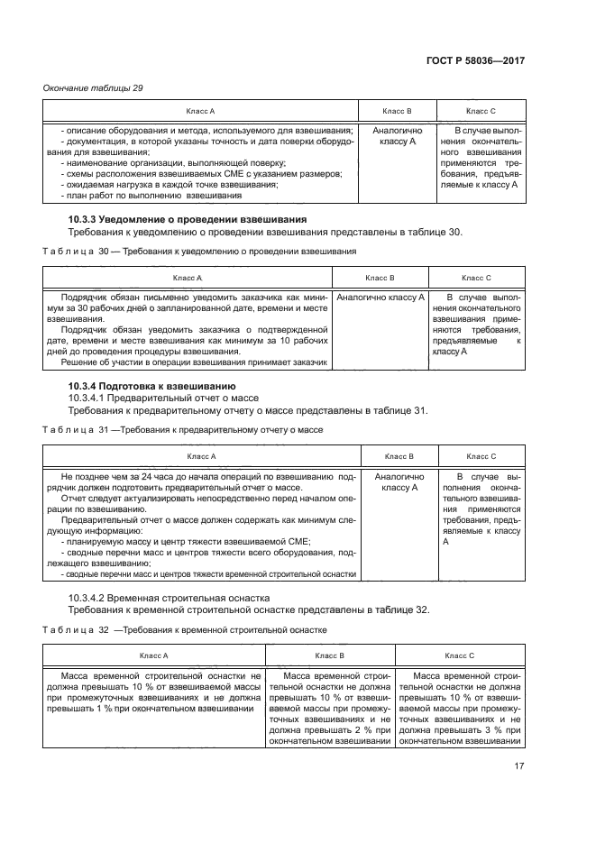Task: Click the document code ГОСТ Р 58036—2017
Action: pyautogui.click(x=475, y=60)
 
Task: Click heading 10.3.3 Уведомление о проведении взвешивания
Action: pyautogui.click(x=188, y=219)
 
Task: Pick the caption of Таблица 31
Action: pyautogui.click(x=196, y=429)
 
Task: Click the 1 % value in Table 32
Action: pyautogui.click(x=104, y=709)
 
